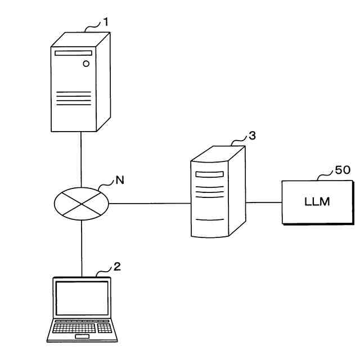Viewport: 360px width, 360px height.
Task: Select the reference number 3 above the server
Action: [252, 136]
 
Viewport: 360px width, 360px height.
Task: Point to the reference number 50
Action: [343, 171]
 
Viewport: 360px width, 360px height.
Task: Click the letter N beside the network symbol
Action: [119, 180]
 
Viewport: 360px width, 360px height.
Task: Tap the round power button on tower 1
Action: [86, 64]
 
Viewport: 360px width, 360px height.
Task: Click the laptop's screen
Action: [82, 298]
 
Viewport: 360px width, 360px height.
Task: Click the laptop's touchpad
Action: [82, 337]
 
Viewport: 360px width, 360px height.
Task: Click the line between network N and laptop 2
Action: [82, 247]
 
